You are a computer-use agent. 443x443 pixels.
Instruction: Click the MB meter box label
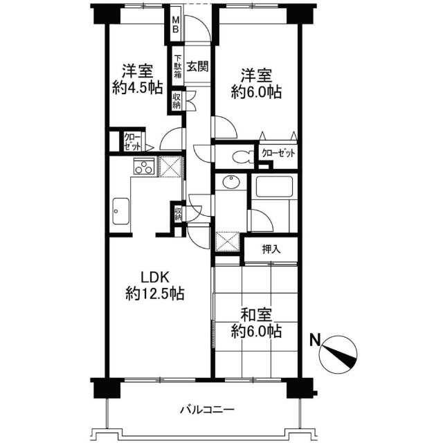175,25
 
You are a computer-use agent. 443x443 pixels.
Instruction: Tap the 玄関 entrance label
198,66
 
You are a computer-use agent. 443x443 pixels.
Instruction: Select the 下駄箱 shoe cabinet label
177,66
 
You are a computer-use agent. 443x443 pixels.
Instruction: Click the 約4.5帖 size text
138,87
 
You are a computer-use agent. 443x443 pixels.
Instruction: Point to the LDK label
155,277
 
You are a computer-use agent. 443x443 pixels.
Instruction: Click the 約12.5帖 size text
155,293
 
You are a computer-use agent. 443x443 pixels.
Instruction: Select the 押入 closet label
271,249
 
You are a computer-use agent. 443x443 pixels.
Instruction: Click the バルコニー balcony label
207,409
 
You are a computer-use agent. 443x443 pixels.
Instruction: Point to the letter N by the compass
315,340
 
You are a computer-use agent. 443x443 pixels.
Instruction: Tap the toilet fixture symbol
244,157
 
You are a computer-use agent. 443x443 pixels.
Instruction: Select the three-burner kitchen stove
145,166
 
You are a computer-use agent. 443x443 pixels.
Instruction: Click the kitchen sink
121,211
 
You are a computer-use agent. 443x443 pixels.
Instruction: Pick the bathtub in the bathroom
274,187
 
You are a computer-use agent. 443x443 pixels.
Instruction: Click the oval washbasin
231,181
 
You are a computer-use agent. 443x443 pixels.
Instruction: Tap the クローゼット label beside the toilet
278,153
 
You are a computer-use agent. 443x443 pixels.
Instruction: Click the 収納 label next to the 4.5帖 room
177,101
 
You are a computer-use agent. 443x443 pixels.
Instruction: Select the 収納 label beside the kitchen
178,214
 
